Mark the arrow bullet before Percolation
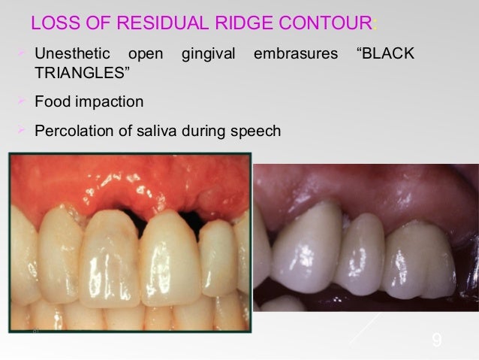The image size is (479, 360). click(x=21, y=131)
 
